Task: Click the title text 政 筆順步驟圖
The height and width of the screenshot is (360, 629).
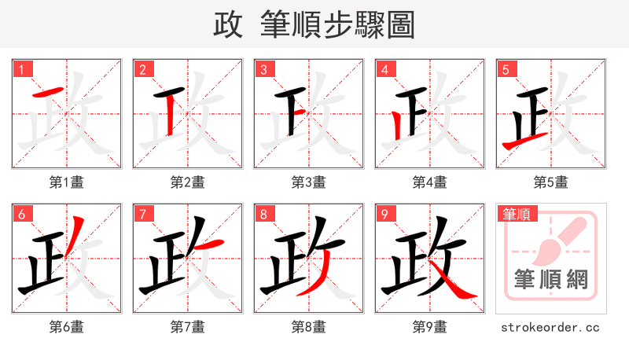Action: pyautogui.click(x=314, y=24)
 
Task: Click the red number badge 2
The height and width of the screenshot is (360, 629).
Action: pyautogui.click(x=143, y=70)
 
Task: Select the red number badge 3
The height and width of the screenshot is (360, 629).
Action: pyautogui.click(x=264, y=70)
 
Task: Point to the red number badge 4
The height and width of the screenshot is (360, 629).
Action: pyautogui.click(x=385, y=70)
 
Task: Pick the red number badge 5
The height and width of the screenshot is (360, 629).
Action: pyautogui.click(x=506, y=70)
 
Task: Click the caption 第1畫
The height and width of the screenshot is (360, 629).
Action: pyautogui.click(x=67, y=182)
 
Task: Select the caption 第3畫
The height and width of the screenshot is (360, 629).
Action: pyautogui.click(x=309, y=182)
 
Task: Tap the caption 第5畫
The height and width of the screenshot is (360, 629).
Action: pyautogui.click(x=551, y=182)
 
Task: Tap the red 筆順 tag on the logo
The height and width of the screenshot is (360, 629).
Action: pyautogui.click(x=517, y=214)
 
